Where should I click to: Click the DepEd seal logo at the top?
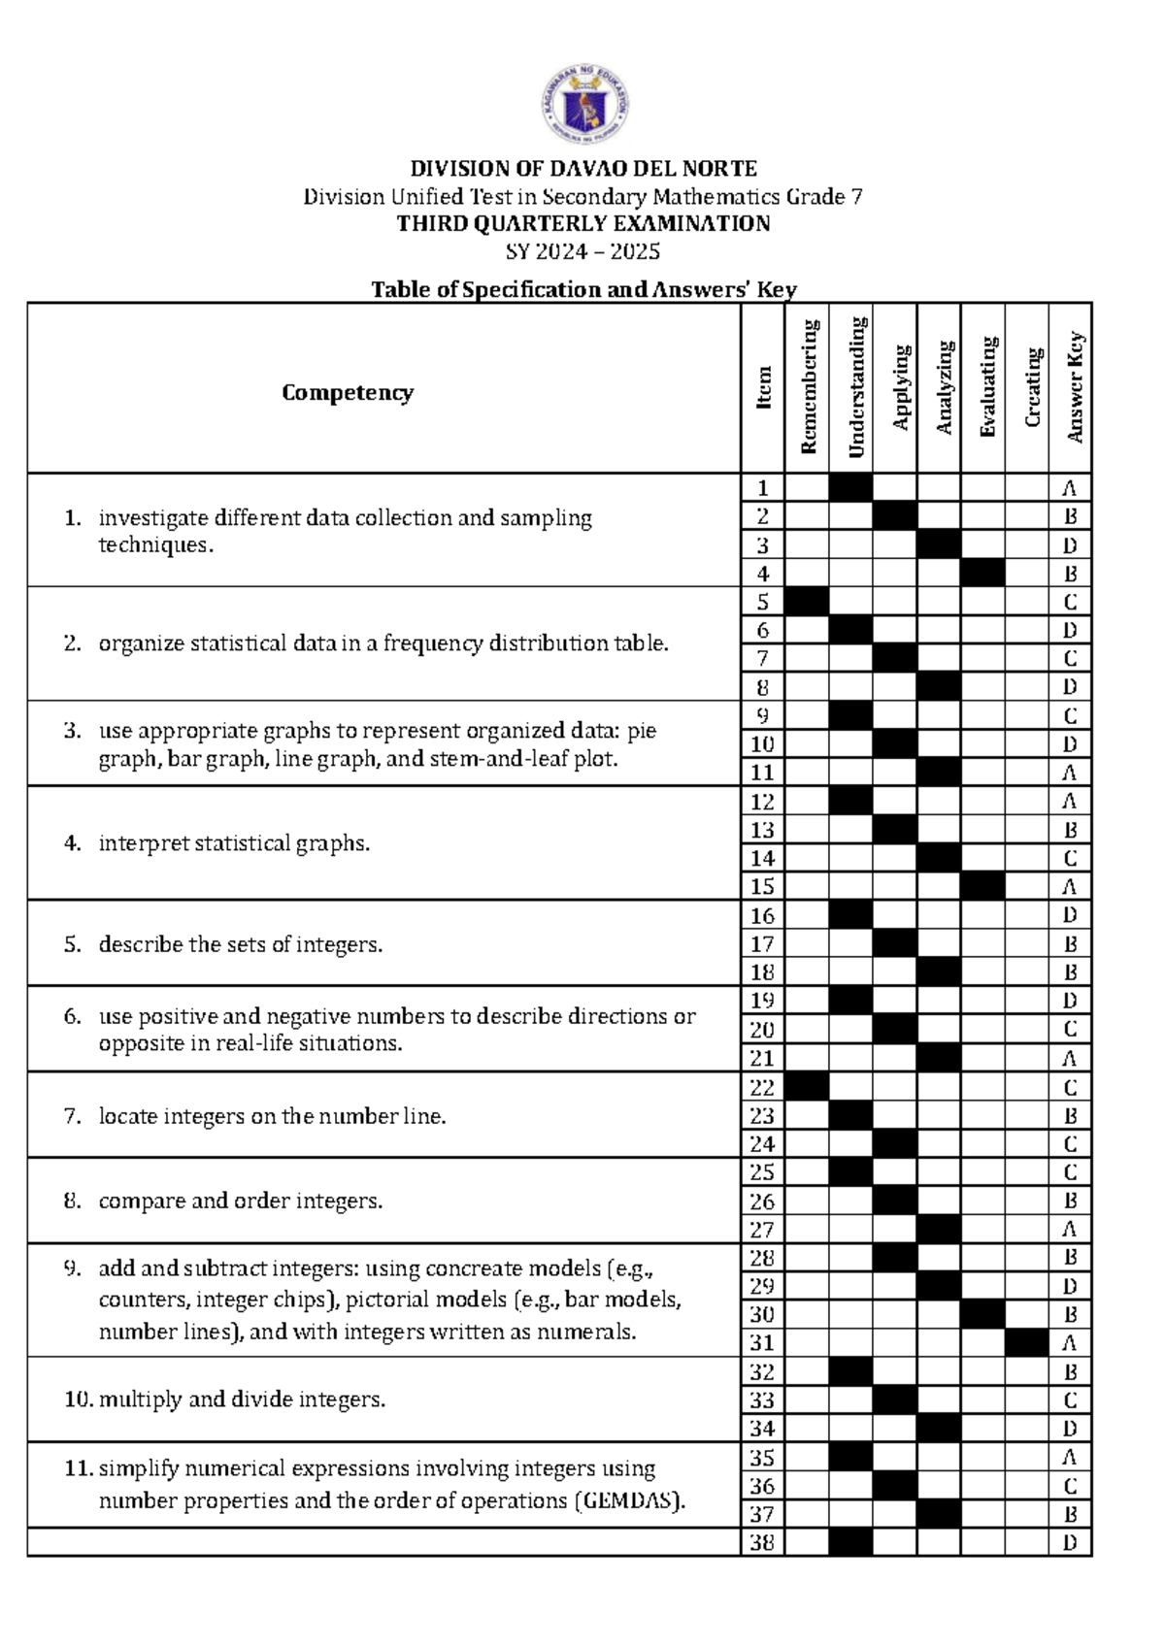[584, 105]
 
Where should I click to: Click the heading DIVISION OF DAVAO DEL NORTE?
[582, 169]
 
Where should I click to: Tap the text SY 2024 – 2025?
[582, 252]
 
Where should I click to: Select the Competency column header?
[348, 392]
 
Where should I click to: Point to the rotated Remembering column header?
[808, 387]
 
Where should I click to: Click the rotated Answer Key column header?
[1073, 387]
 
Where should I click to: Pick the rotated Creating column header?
[1030, 387]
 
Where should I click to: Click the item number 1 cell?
[763, 488]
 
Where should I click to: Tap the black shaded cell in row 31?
[1026, 1343]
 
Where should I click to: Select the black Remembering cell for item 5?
[807, 602]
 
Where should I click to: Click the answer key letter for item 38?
[1070, 1542]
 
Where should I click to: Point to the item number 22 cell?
[763, 1087]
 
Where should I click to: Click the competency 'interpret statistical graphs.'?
[233, 843]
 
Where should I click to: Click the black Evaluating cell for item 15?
[982, 886]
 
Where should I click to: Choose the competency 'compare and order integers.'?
[240, 1201]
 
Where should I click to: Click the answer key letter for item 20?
[1070, 1029]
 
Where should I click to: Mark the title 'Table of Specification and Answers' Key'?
[583, 289]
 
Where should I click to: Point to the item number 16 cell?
[763, 915]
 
